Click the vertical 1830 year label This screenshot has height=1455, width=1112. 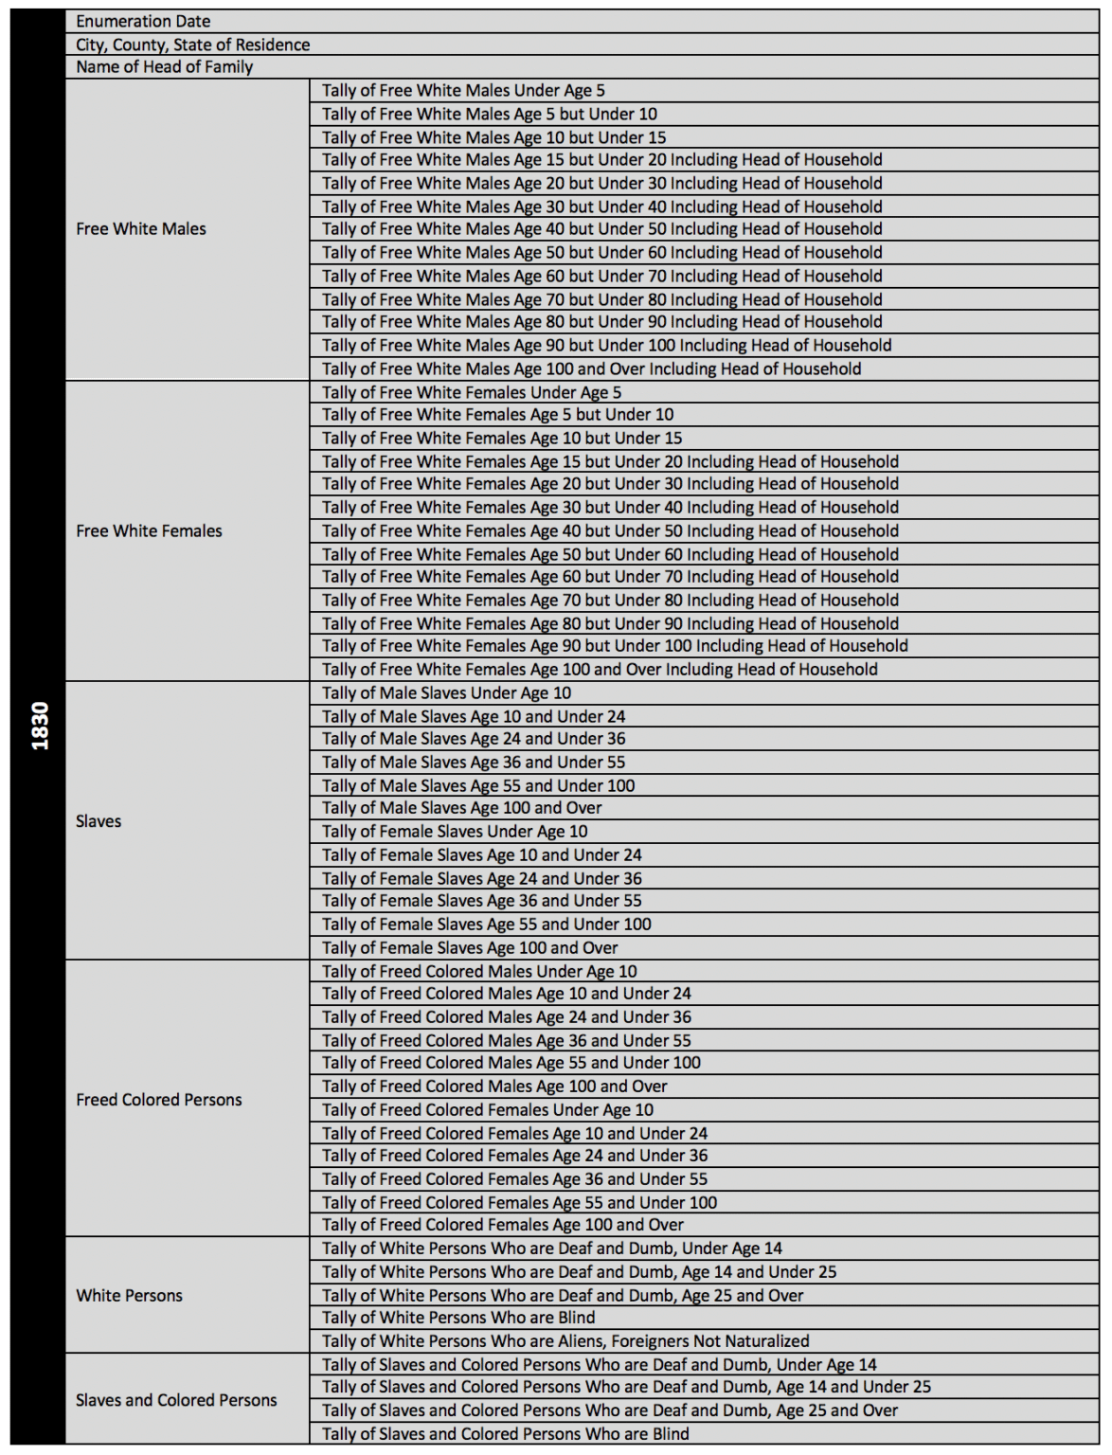tap(39, 727)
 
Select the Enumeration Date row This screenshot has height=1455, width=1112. tap(143, 21)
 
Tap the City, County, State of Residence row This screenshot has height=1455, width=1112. tap(192, 45)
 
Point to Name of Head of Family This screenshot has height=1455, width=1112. tap(164, 67)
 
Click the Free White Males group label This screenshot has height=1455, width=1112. tap(141, 229)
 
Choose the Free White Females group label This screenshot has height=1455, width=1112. tap(149, 531)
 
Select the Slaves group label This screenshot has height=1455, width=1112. tap(99, 821)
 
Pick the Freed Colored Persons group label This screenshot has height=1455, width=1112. tap(158, 1100)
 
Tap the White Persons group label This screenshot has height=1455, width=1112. tap(129, 1296)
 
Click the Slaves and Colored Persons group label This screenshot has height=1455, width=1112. tap(176, 1400)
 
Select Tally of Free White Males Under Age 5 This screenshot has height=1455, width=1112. tap(463, 91)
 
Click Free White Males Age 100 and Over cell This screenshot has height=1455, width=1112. tap(591, 369)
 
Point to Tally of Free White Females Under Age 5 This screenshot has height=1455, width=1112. tap(472, 392)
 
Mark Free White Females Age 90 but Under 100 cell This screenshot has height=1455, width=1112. tap(615, 646)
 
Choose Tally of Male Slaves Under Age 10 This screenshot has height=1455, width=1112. tap(446, 693)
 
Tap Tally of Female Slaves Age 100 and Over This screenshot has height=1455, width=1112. tap(470, 948)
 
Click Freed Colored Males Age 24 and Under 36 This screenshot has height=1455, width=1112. tap(507, 1017)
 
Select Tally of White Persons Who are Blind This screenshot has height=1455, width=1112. tap(458, 1318)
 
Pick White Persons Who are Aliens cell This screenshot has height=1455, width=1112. tap(565, 1341)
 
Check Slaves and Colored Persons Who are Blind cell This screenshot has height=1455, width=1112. tap(506, 1434)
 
